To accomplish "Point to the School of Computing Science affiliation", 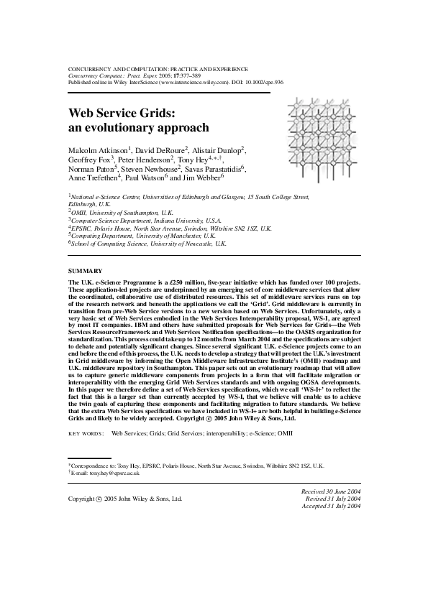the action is pyautogui.click(x=149, y=244).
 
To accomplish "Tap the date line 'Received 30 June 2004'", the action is pyautogui.click(x=330, y=489).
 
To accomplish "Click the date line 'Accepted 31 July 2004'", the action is pyautogui.click(x=330, y=505).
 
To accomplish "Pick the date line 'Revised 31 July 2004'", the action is pyautogui.click(x=332, y=497).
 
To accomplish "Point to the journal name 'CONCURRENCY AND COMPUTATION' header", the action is pyautogui.click(x=116, y=68).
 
